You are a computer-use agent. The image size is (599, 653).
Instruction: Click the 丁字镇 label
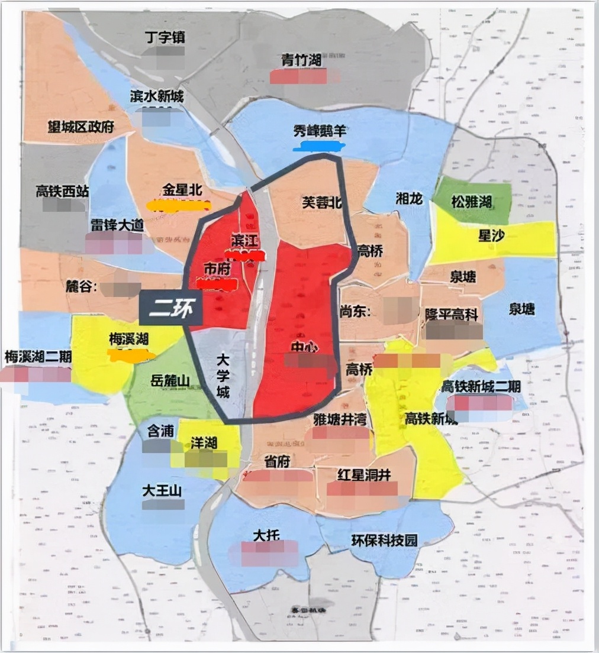(165, 37)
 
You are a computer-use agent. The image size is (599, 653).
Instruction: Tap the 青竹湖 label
(301, 60)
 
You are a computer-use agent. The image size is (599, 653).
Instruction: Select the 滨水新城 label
(157, 97)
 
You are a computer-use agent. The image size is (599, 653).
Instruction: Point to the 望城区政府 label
(81, 127)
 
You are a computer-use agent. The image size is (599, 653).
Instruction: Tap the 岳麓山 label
(170, 382)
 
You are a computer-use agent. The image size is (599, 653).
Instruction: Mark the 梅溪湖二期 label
(37, 357)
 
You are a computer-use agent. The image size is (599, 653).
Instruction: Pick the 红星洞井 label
(363, 474)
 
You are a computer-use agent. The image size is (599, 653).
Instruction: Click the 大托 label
(266, 535)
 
